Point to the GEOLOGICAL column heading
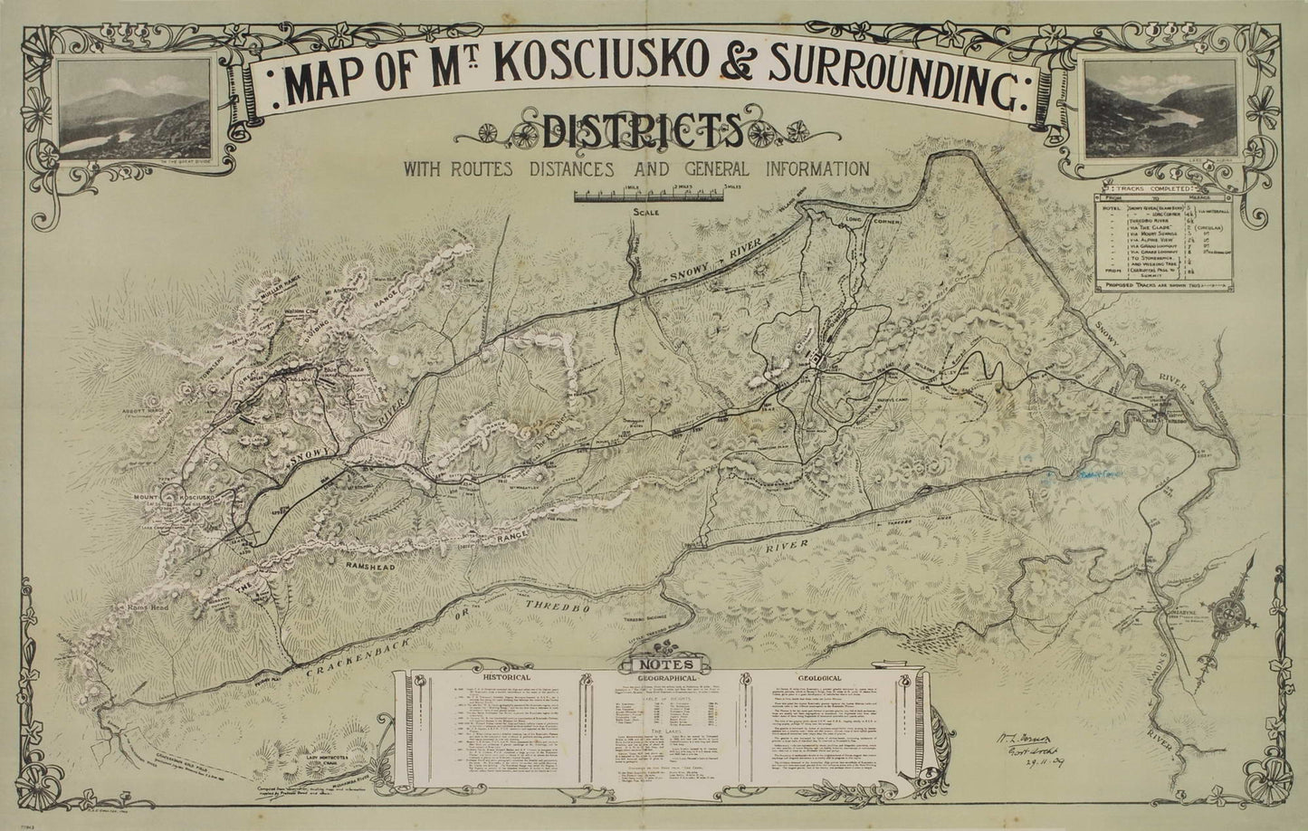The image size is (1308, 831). click(x=820, y=677)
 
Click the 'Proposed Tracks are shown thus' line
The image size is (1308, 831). click(x=1162, y=286)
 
